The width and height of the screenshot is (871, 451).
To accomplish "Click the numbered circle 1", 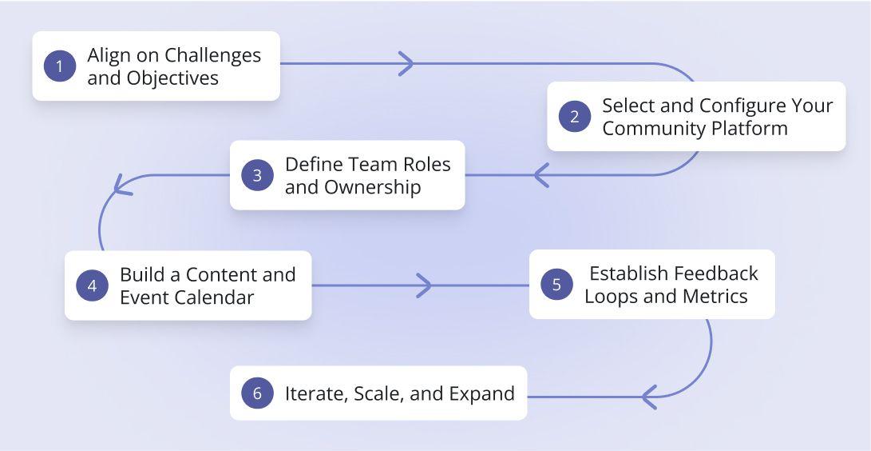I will coord(59,66).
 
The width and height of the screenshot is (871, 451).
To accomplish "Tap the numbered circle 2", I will coord(574,117).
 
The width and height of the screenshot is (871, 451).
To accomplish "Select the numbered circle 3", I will coord(257,176).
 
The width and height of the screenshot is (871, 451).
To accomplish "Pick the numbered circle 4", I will coord(92,285).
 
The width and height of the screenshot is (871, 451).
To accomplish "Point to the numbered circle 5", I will coord(556,285).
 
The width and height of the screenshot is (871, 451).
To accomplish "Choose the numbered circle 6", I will coord(257,393).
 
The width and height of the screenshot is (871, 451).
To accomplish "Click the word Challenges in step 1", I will coord(212,55).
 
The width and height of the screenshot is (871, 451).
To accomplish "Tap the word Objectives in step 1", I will coord(172,78).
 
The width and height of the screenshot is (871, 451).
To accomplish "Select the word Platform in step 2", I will coord(750,129).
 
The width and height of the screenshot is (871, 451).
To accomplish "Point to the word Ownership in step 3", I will coord(372,187).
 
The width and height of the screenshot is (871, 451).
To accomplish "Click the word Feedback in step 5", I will coord(715,273).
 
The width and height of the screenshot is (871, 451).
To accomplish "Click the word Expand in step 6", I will coord(481,393).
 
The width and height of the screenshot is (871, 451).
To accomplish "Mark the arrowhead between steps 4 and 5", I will coord(424,285).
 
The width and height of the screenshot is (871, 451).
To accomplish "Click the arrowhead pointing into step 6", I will coord(649,396).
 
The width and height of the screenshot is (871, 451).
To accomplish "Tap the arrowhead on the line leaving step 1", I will coord(406,63).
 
